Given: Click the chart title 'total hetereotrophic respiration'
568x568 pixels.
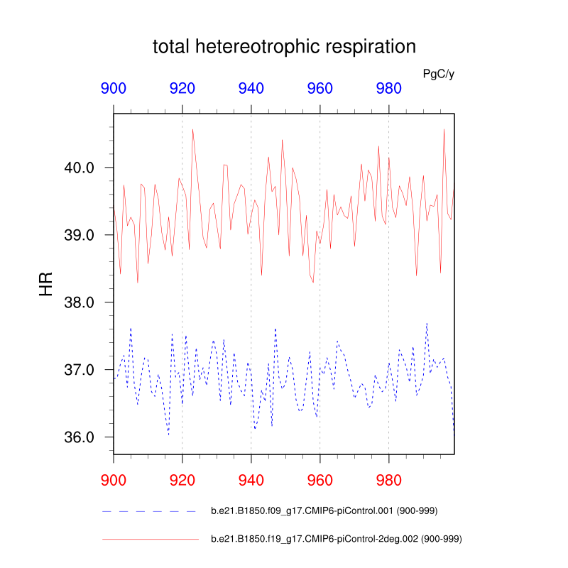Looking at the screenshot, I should (x=284, y=48).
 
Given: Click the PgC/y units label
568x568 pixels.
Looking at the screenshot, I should (x=438, y=73).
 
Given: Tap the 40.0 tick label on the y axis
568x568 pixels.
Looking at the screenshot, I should (x=80, y=168).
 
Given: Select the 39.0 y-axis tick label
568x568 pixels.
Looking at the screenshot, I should (x=80, y=235).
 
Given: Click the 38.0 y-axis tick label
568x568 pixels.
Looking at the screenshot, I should (x=80, y=302).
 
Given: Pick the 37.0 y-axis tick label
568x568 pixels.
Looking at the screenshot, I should (x=80, y=370).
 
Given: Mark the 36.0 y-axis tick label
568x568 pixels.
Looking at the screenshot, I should (x=80, y=437).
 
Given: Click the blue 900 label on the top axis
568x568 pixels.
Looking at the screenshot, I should (x=114, y=89).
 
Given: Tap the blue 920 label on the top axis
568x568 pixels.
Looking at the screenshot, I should (x=182, y=89).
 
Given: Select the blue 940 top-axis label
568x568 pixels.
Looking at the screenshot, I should (x=251, y=89).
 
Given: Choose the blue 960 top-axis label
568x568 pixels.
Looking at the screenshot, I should (x=320, y=89).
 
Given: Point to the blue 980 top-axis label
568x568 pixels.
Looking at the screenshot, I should (x=389, y=89).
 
